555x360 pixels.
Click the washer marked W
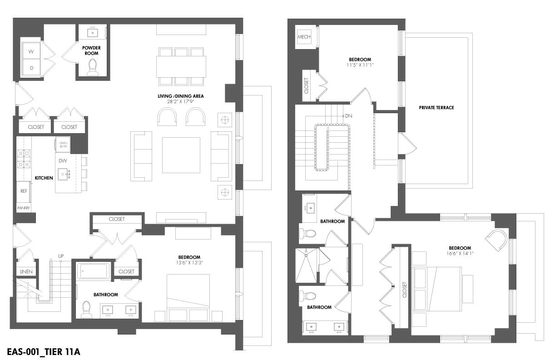(x=31, y=52)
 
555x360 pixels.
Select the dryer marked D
(x=31, y=68)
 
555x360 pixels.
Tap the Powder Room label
(x=91, y=50)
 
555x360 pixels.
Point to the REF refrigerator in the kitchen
(x=24, y=191)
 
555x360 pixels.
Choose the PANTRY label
(x=24, y=208)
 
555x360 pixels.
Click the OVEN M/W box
(x=63, y=145)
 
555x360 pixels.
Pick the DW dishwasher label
(x=63, y=160)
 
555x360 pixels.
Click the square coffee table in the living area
(x=181, y=155)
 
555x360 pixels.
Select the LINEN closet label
(x=25, y=271)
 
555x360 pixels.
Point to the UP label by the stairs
(x=61, y=256)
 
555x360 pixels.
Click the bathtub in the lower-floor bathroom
(x=93, y=272)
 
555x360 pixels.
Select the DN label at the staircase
(x=348, y=116)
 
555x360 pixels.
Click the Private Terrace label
(x=436, y=108)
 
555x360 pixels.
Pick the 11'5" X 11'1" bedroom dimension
(x=360, y=65)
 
